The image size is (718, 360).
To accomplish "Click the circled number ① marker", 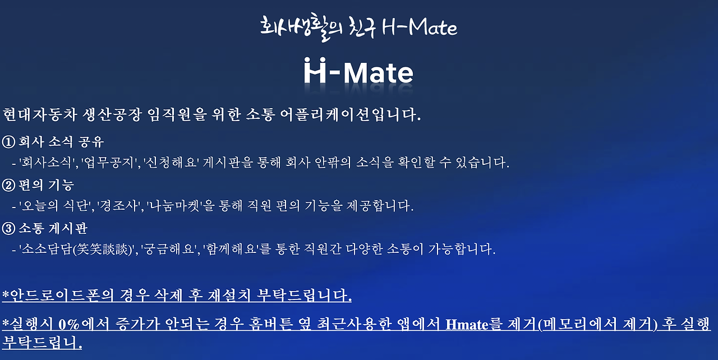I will tap(9, 142).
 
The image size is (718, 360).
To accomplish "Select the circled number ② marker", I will tap(9, 185).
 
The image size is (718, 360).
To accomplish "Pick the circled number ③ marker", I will tap(9, 228).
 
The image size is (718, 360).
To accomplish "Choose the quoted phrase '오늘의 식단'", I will tap(56, 206).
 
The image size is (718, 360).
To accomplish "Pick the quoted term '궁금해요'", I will tap(168, 250).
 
